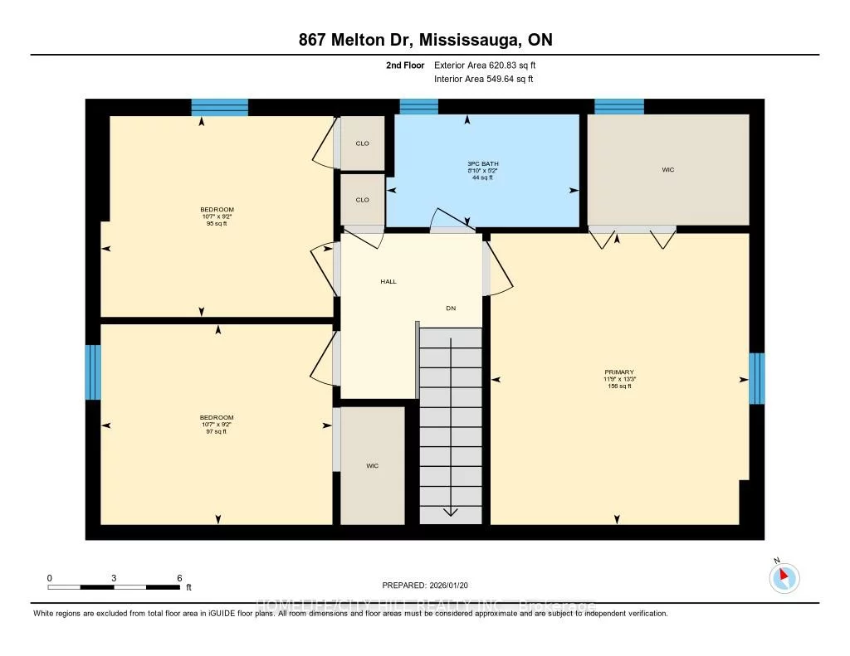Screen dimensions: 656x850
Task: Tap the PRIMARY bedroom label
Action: pyautogui.click(x=619, y=372)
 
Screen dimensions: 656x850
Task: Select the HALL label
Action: pyautogui.click(x=388, y=281)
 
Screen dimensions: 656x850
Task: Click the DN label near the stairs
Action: pyautogui.click(x=451, y=308)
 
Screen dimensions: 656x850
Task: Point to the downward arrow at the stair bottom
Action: pyautogui.click(x=451, y=510)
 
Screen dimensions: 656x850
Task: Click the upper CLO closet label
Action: pyautogui.click(x=362, y=143)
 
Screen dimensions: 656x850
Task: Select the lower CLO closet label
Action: pyautogui.click(x=362, y=200)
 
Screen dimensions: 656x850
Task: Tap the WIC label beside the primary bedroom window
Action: pyautogui.click(x=668, y=170)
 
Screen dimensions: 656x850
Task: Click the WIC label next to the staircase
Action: pyautogui.click(x=373, y=466)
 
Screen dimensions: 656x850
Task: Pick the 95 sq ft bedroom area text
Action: pyautogui.click(x=217, y=224)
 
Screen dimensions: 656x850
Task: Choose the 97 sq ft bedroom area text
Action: pyautogui.click(x=217, y=431)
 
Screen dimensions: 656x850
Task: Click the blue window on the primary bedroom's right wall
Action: pyautogui.click(x=756, y=378)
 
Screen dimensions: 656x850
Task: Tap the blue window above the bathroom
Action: pyautogui.click(x=418, y=106)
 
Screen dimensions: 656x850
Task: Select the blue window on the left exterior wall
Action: pyautogui.click(x=93, y=372)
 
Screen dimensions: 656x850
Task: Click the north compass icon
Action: pyautogui.click(x=784, y=577)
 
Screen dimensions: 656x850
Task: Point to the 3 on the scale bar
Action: pyautogui.click(x=114, y=578)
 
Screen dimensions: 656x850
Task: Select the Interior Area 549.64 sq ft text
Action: pyautogui.click(x=483, y=80)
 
